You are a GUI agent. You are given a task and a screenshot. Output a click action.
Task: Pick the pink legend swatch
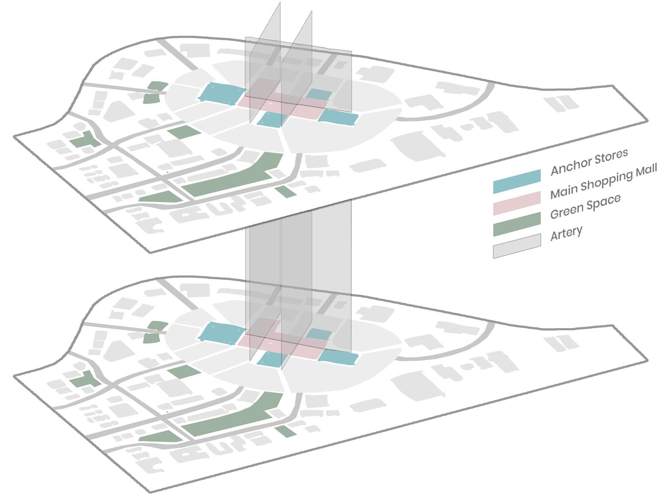[x=517, y=203]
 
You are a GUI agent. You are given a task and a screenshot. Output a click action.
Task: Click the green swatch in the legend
[x=517, y=224]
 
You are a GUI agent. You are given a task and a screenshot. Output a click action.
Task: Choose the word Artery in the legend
[x=566, y=233]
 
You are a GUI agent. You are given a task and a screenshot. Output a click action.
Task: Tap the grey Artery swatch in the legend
[x=517, y=246]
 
